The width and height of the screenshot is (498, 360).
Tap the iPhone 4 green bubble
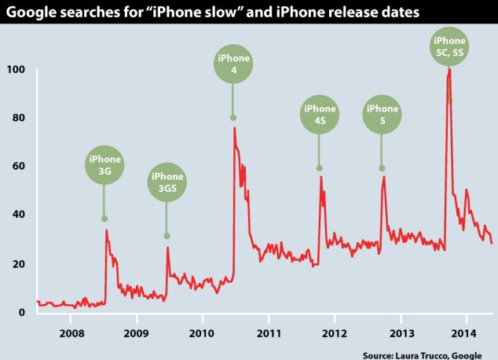pyautogui.click(x=233, y=64)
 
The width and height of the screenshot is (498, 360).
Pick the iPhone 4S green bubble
pyautogui.click(x=319, y=115)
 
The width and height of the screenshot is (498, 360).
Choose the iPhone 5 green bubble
pyautogui.click(x=382, y=115)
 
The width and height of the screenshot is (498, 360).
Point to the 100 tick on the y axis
pyautogui.click(x=16, y=69)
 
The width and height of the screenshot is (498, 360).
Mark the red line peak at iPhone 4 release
pyautogui.click(x=234, y=127)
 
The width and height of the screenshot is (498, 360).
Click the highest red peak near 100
pyautogui.click(x=449, y=69)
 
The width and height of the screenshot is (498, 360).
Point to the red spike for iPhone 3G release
pyautogui.click(x=106, y=230)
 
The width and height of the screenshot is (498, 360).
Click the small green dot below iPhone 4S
pyautogui.click(x=319, y=168)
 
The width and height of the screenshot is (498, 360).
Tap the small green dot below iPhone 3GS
pyautogui.click(x=167, y=236)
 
